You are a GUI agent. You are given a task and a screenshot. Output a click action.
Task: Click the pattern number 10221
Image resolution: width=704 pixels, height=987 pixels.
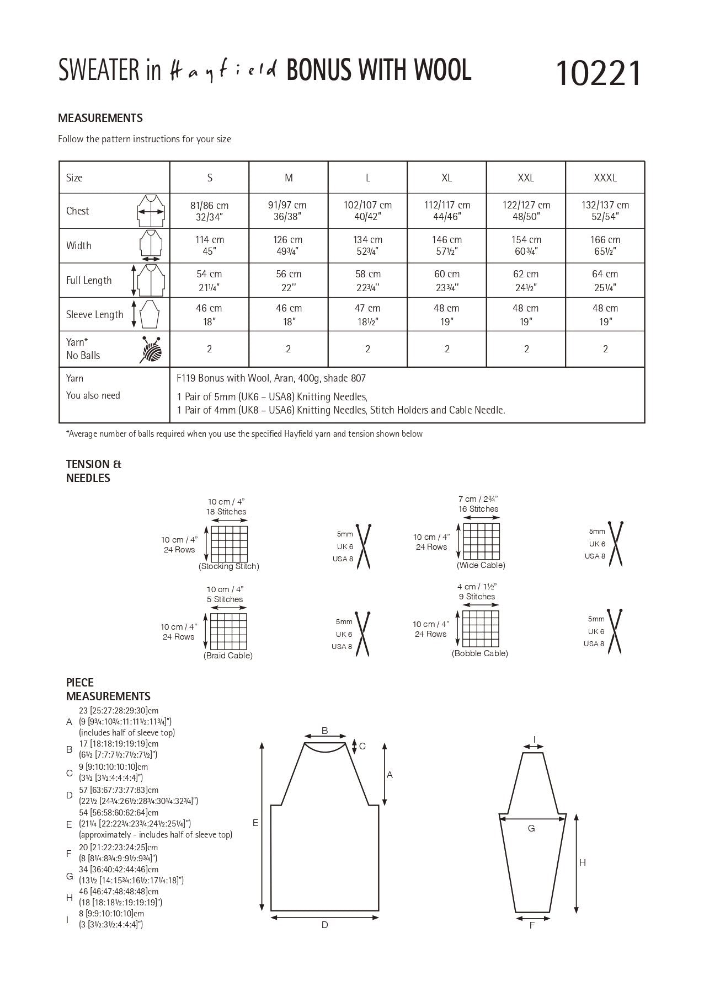pos(599,73)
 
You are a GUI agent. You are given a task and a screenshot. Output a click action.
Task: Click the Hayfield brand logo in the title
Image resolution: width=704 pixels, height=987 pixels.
pos(221,72)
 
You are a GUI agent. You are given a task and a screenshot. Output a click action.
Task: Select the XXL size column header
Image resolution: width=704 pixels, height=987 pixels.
pos(526,178)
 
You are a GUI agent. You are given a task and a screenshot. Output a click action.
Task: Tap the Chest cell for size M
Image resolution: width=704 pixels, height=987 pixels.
pos(289,211)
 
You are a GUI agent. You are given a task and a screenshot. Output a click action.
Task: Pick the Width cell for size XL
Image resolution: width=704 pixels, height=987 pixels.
pos(447,245)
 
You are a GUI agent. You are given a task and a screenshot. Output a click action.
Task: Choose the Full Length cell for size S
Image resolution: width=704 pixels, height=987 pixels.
pos(209,280)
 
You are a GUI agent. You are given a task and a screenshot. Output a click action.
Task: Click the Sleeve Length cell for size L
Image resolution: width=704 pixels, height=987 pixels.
pos(367,314)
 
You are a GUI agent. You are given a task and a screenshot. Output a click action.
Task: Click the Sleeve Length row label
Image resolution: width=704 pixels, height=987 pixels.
pos(94,315)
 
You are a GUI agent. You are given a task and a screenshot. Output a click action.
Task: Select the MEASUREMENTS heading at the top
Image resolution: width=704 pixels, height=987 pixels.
pos(100,118)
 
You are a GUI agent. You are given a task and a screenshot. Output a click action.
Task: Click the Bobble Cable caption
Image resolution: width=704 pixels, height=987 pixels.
pos(479,653)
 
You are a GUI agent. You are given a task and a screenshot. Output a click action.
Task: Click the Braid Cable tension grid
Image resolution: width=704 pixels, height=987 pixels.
pos(228,631)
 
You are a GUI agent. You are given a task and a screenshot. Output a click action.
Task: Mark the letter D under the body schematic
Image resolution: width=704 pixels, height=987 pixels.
pos(325,925)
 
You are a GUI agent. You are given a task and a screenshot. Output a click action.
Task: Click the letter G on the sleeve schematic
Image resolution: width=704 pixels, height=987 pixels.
pos(531,828)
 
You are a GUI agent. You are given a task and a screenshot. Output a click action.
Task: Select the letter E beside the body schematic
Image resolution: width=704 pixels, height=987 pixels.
pos(255,823)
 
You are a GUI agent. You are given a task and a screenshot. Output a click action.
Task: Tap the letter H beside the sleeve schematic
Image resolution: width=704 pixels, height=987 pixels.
pos(583,862)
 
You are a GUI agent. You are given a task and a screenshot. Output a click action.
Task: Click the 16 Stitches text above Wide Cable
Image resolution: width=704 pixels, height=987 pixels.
pos(478,509)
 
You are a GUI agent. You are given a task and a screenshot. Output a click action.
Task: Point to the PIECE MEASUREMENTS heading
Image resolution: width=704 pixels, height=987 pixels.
pos(108,689)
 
